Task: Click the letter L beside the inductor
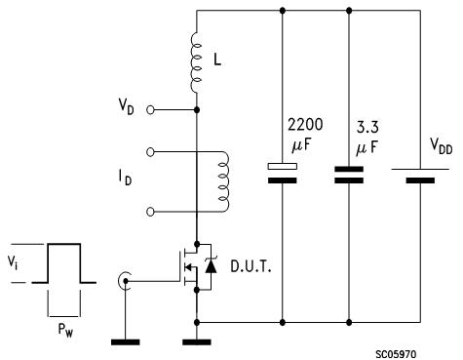pos(219,60)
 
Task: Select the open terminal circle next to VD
pos(150,110)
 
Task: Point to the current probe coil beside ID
pos(223,180)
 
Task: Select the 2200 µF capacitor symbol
pos(283,173)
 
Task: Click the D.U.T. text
pos(251,265)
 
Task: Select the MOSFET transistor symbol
pos(188,266)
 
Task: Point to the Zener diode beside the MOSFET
pos(212,266)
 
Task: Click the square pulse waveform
pos(64,263)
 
